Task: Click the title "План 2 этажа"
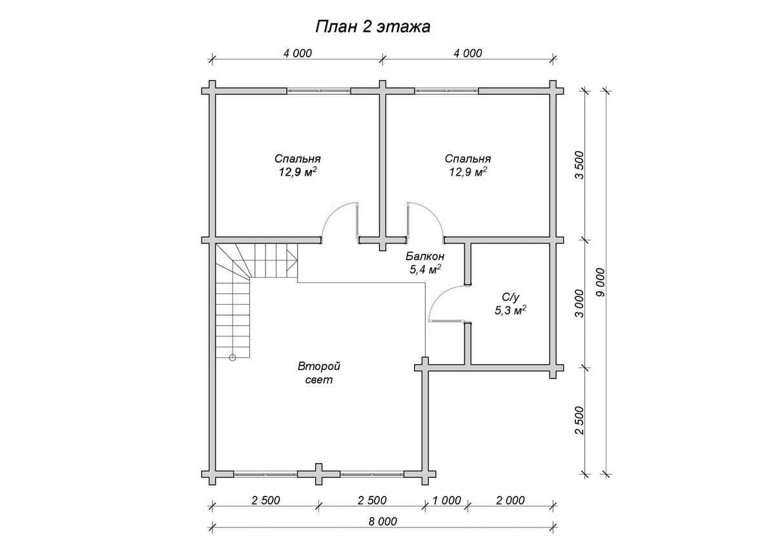coord(373,27)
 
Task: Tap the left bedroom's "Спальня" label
coord(298,159)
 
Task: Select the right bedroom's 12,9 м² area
coord(468,172)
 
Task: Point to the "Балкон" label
coord(425,256)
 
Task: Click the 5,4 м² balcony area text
coord(425,269)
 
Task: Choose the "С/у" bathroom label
coord(511,297)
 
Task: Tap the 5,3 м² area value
coord(511,310)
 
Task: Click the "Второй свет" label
coord(319,373)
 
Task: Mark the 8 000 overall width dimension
coord(383,521)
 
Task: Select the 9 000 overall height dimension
coord(601,282)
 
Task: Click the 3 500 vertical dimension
coord(579,165)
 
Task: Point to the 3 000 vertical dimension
coord(579,303)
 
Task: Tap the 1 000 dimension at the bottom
coord(447,500)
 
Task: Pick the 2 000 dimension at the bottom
coord(510,500)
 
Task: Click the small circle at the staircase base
coord(232,357)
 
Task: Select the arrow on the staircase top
coord(292,260)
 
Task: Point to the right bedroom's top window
coord(447,91)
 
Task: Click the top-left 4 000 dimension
coord(298,53)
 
